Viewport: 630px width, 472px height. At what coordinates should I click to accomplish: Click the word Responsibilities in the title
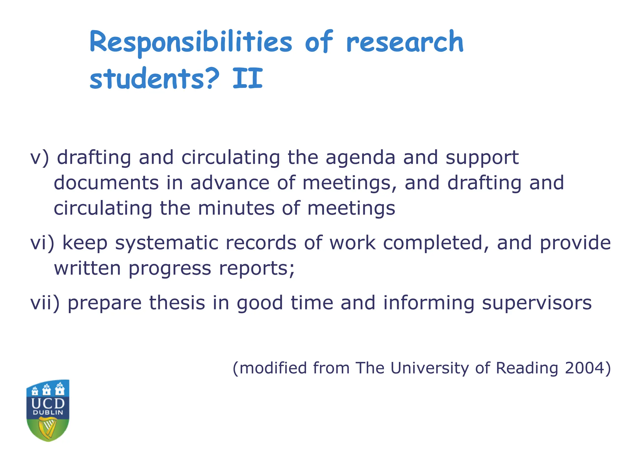(191, 43)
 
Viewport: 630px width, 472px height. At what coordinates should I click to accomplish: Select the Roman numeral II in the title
(248, 78)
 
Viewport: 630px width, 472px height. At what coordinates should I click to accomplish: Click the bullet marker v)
(39, 158)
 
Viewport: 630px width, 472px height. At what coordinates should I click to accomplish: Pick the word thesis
(177, 303)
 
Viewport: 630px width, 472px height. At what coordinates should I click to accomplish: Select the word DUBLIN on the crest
(48, 413)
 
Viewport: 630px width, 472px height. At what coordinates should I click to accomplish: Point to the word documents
(106, 183)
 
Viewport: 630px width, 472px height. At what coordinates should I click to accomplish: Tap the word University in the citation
(429, 368)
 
